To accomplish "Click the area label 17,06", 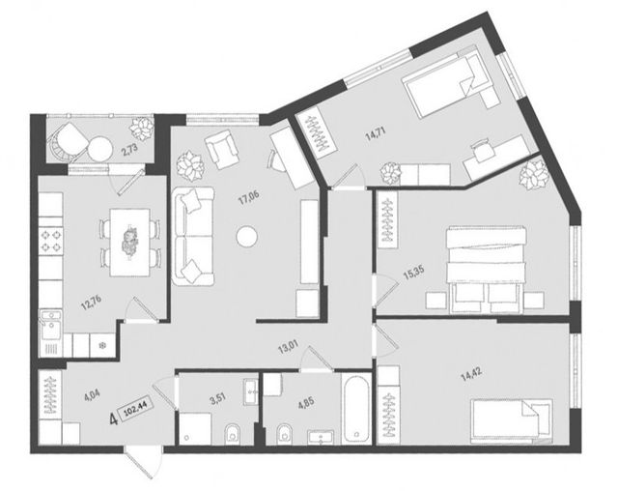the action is pyautogui.click(x=249, y=197).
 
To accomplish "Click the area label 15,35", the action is pyautogui.click(x=414, y=273).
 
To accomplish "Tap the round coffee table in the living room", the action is pyautogui.click(x=247, y=237).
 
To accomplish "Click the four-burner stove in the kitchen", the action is pyautogui.click(x=51, y=241).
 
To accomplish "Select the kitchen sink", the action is pyautogui.click(x=50, y=325).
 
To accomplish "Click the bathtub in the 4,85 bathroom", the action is pyautogui.click(x=356, y=409).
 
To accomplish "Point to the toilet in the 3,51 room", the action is pyautogui.click(x=234, y=435).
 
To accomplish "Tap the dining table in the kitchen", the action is pyautogui.click(x=129, y=243).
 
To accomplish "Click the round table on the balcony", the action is pyautogui.click(x=100, y=148).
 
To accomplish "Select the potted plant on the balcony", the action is pyautogui.click(x=142, y=127).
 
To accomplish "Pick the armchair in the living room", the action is pyautogui.click(x=221, y=150).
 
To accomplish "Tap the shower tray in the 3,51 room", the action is pyautogui.click(x=195, y=429).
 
